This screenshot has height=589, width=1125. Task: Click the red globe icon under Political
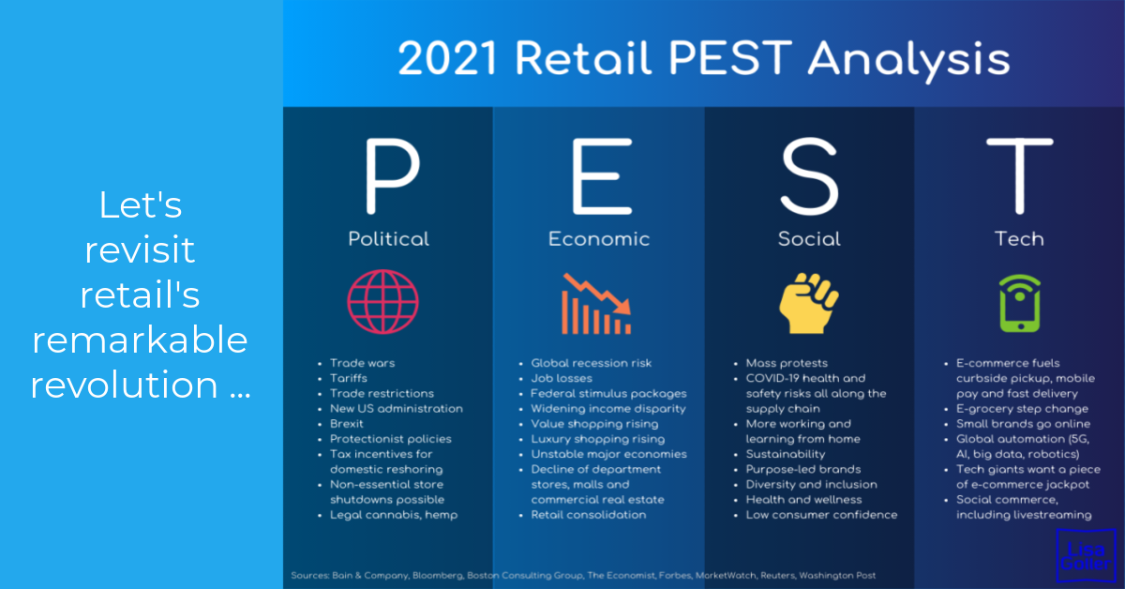click(x=382, y=302)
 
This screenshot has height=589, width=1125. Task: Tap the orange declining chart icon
click(x=596, y=304)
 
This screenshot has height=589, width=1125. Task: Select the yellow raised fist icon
click(x=808, y=303)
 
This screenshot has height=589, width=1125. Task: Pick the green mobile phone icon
click(x=1020, y=303)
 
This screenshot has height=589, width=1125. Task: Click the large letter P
click(x=392, y=176)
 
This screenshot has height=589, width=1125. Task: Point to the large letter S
click(x=810, y=176)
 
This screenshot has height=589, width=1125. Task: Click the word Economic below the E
click(x=599, y=239)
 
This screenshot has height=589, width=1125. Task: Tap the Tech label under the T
click(x=1019, y=239)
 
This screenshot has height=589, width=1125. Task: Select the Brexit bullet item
click(x=347, y=424)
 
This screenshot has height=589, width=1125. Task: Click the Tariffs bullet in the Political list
click(x=349, y=378)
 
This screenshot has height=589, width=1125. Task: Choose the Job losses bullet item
click(x=562, y=378)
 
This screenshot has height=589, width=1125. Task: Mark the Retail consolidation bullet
click(x=589, y=515)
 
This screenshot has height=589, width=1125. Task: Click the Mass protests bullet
click(x=787, y=363)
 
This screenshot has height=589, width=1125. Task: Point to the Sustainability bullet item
click(x=786, y=454)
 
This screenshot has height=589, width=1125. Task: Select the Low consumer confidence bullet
click(x=821, y=515)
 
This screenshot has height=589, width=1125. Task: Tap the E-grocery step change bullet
click(x=1022, y=409)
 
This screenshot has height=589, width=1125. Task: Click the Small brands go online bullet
click(x=1023, y=424)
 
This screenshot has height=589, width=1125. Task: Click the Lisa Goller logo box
click(x=1086, y=555)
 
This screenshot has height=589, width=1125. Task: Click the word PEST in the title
click(x=729, y=58)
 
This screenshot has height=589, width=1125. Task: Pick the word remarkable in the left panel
click(x=140, y=340)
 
